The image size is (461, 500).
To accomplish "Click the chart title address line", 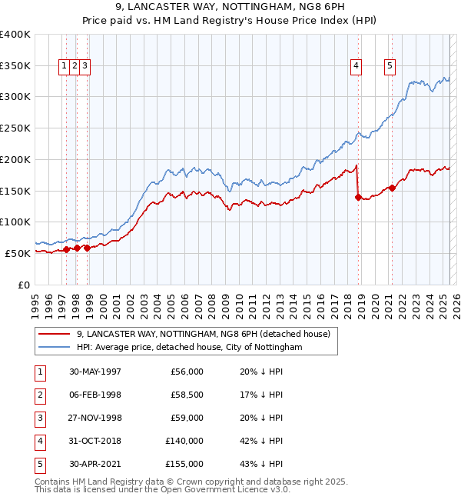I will (x=230, y=7).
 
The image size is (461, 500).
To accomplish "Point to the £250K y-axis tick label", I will (x=16, y=128).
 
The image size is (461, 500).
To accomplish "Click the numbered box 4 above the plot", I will (x=357, y=66).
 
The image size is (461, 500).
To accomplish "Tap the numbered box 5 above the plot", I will (x=390, y=66).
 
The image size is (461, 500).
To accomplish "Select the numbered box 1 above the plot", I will (x=65, y=66).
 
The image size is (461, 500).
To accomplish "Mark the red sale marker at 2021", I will (x=393, y=187).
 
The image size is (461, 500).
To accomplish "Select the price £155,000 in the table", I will (x=184, y=464).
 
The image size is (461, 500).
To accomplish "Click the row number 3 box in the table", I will (x=39, y=418).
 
